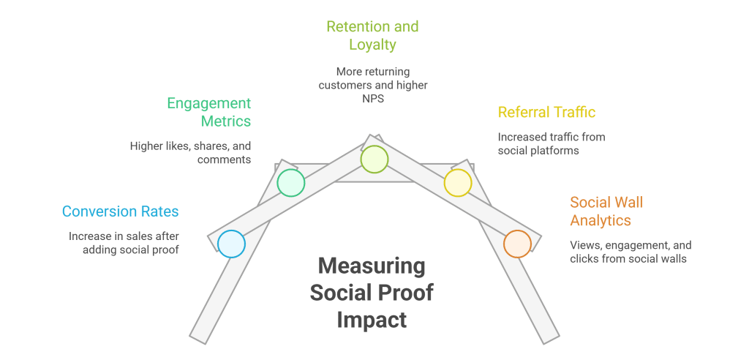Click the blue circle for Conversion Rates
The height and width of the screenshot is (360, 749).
click(231, 244)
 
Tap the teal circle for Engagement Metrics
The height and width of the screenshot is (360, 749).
click(290, 182)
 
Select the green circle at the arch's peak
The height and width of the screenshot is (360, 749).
click(374, 159)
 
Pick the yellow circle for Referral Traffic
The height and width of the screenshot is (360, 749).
click(458, 183)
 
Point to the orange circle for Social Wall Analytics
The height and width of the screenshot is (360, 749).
click(517, 244)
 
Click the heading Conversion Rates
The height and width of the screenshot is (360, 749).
click(120, 211)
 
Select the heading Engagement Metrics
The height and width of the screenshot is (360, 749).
click(208, 112)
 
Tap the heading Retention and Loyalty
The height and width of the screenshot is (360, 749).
click(372, 36)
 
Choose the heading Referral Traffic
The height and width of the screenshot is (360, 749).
click(546, 113)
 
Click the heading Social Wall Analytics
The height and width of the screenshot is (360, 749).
click(606, 211)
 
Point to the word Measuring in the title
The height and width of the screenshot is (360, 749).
click(372, 266)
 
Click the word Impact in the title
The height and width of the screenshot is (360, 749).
click(372, 320)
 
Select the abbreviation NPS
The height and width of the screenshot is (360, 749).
click(372, 98)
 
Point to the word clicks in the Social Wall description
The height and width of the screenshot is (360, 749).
click(586, 258)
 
